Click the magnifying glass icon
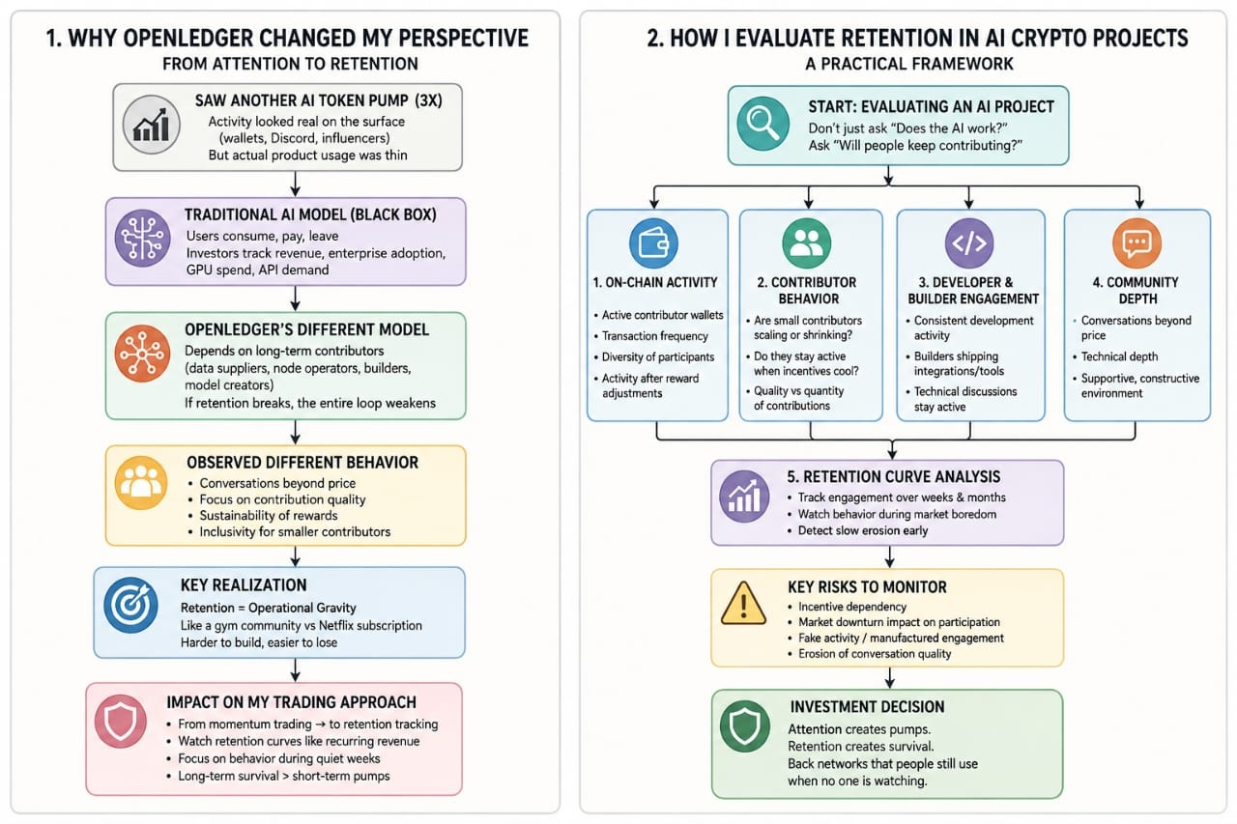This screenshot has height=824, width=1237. click(762, 124)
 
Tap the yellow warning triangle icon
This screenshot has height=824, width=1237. click(743, 604)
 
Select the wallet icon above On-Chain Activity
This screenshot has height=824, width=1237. click(653, 242)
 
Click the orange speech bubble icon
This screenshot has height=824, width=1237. click(1137, 242)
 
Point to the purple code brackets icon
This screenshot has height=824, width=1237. click(969, 242)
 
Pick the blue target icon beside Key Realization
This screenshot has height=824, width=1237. click(130, 605)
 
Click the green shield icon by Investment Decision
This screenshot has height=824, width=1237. click(745, 726)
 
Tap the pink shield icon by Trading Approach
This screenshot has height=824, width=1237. click(121, 722)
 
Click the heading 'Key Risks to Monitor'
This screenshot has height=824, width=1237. click(867, 586)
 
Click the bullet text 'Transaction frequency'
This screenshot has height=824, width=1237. click(655, 335)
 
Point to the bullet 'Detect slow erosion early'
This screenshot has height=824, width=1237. click(863, 530)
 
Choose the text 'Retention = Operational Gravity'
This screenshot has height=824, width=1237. click(269, 608)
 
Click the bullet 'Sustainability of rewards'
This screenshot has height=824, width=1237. click(269, 516)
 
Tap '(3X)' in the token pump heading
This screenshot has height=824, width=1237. click(427, 100)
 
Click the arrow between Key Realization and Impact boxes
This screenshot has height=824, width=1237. click(296, 670)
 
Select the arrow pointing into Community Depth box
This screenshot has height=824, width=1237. click(1139, 196)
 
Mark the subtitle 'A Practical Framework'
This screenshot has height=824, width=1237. click(909, 64)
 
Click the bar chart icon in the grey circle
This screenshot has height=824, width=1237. click(151, 125)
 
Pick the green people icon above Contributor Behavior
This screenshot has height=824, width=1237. click(807, 242)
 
